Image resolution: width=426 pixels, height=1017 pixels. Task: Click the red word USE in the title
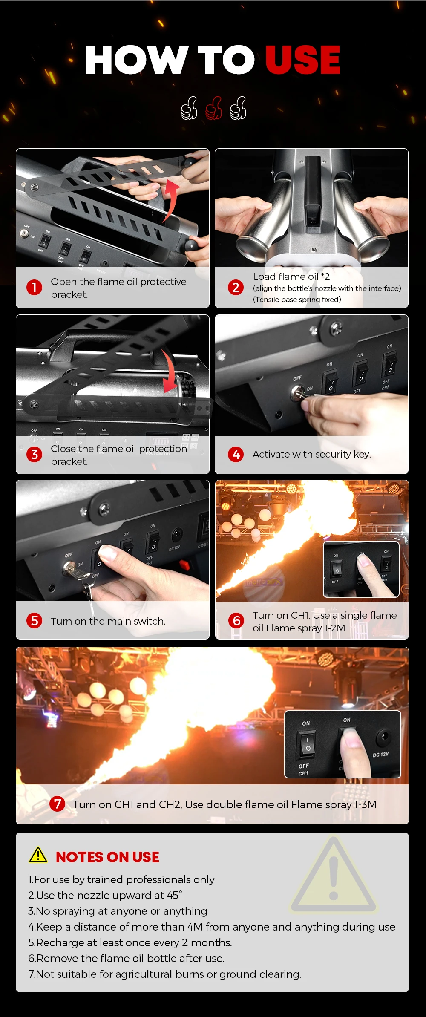(x=302, y=60)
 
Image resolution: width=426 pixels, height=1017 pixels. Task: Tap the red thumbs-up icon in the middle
(x=213, y=108)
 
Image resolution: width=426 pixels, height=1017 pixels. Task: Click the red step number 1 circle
(x=34, y=288)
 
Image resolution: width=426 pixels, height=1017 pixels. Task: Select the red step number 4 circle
(x=236, y=454)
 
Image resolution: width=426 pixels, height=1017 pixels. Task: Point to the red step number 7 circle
(x=57, y=804)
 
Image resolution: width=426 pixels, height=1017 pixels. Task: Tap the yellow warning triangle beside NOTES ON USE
(x=38, y=855)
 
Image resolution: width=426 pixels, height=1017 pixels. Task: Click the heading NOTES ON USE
(x=107, y=857)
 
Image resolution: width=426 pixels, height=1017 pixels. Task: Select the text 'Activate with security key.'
(x=311, y=454)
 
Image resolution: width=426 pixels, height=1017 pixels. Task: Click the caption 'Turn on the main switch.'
(x=108, y=621)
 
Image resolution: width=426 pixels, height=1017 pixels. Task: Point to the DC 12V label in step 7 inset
(x=380, y=754)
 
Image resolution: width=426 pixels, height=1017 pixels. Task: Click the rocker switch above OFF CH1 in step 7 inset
(x=307, y=744)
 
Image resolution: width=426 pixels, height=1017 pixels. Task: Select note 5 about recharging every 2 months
(x=130, y=942)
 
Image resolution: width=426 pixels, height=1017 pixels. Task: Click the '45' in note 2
(x=173, y=895)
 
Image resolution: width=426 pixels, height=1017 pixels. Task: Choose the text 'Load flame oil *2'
(x=291, y=277)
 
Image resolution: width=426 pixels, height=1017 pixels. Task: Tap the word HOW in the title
(x=136, y=60)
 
